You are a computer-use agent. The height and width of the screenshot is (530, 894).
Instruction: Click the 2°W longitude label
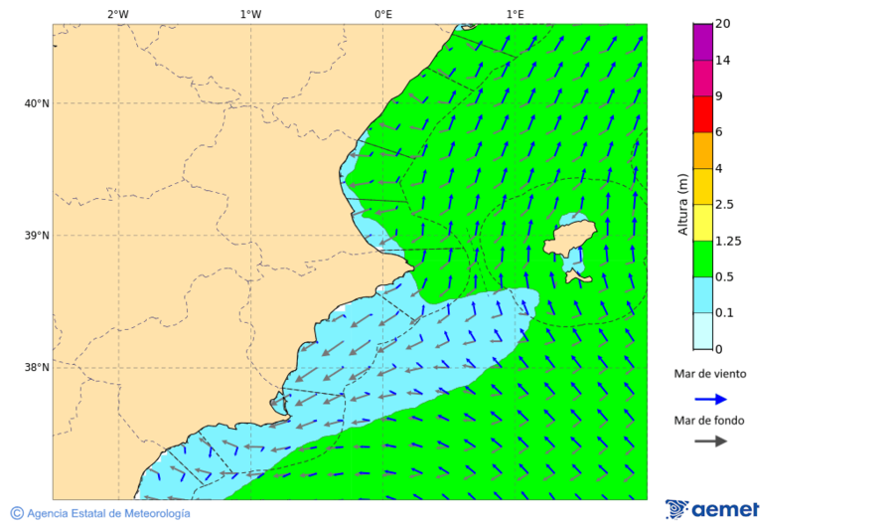117,14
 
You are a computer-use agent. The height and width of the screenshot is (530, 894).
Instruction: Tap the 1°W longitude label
250,14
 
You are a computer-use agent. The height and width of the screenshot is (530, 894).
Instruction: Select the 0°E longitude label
382,14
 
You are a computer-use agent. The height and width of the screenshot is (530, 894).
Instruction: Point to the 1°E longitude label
515,14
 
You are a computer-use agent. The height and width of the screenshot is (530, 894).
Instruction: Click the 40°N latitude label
36,103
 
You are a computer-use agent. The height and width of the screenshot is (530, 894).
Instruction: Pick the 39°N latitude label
36,236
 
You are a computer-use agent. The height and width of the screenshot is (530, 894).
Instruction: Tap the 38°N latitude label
36,368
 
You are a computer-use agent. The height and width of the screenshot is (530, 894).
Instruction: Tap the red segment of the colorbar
703,114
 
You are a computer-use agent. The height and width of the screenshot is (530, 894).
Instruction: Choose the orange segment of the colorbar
703,150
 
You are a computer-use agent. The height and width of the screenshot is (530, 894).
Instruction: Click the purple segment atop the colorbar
703,42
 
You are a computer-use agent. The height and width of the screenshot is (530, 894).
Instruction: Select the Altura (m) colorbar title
682,204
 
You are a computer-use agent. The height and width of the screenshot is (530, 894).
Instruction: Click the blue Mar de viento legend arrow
710,399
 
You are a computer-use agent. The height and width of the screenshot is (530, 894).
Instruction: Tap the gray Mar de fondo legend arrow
710,442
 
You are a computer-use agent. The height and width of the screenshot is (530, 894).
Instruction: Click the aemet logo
712,509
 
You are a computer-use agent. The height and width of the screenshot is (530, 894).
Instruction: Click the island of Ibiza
571,238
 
